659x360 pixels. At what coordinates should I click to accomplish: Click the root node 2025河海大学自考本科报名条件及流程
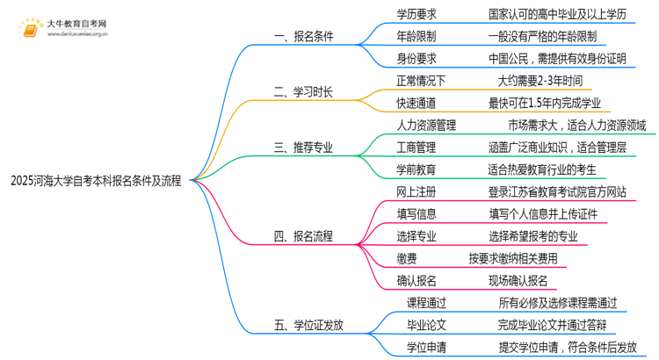97,182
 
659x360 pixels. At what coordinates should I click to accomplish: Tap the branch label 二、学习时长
304,91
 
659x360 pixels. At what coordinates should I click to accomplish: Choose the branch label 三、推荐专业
304,148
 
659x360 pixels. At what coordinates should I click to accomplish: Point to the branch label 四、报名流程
304,236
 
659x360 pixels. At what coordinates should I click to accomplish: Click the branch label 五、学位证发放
309,325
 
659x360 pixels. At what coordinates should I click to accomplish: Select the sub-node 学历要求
416,15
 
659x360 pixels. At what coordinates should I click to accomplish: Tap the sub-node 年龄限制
416,37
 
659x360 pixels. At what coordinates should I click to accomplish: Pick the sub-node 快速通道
416,103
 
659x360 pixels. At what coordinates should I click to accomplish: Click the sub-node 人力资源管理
427,126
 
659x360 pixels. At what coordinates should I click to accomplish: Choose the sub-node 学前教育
416,169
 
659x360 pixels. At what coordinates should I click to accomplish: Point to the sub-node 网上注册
416,191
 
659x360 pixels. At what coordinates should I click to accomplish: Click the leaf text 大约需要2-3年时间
540,81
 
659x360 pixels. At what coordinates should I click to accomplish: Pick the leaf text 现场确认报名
518,281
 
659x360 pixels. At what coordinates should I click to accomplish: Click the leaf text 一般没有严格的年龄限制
543,37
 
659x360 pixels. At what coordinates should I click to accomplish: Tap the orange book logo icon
32,29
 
